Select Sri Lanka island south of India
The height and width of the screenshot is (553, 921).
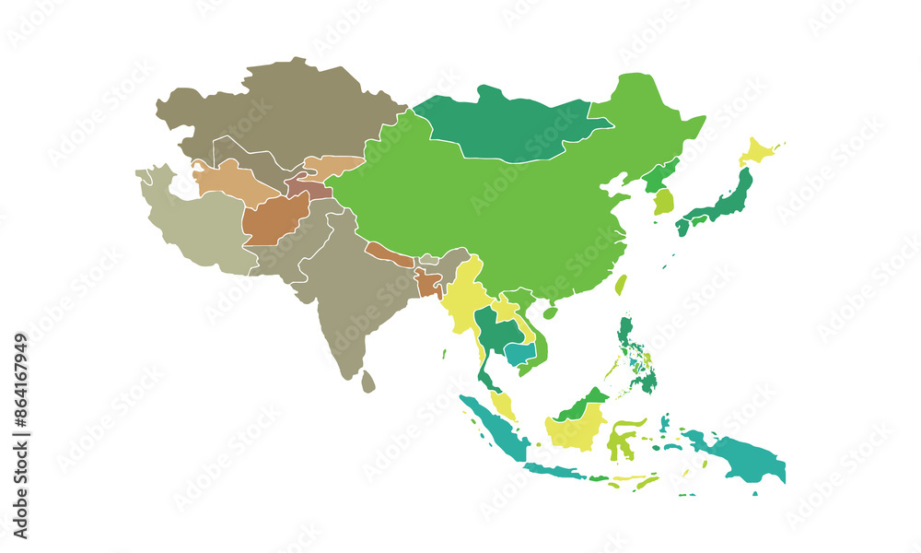tap(368, 381)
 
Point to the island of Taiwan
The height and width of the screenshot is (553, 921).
tap(621, 284)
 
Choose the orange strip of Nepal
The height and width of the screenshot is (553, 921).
tap(390, 254)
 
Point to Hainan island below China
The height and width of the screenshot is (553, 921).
tap(550, 312)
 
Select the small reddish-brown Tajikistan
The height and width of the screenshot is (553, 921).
tap(309, 188)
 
